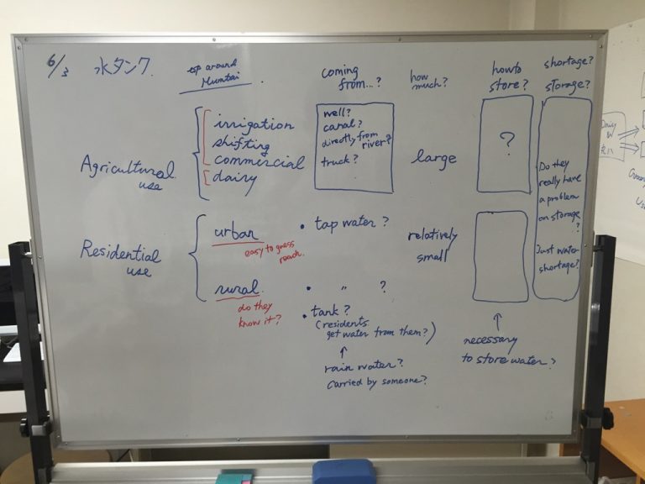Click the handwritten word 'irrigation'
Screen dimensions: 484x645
(x=254, y=125)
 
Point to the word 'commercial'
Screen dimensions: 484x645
(x=258, y=161)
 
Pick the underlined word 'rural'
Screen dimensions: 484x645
(x=235, y=288)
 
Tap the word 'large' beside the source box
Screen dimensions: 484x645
(x=434, y=157)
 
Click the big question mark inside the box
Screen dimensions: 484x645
(x=506, y=144)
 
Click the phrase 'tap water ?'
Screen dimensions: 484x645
(x=350, y=224)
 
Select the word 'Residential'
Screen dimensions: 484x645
(x=120, y=251)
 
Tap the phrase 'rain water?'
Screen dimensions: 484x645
(x=363, y=366)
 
